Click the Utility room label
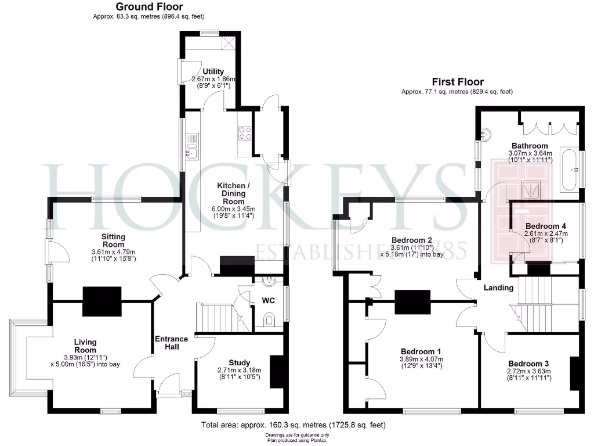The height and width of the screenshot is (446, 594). tap(213, 72)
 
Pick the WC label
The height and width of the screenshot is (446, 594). tap(268, 301)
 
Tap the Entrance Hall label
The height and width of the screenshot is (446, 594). tap(171, 343)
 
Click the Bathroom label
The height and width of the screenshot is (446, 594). tap(529, 146)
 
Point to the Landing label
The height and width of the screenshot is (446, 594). tap(499, 287)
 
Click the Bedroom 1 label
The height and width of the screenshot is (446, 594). tap(421, 352)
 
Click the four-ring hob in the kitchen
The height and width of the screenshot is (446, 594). tap(245, 133)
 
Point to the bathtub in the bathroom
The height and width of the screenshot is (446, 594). tap(569, 170)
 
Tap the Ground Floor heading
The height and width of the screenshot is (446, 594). tap(149, 7)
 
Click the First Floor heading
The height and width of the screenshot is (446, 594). tap(457, 82)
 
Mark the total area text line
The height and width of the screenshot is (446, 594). tap(293, 425)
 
